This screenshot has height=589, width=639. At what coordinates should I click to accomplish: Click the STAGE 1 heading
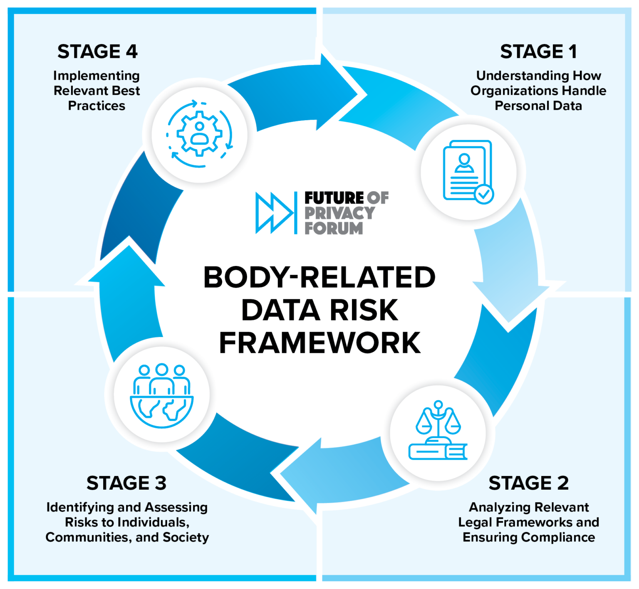coord(538,52)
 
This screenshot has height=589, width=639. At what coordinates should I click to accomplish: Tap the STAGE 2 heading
coord(528,483)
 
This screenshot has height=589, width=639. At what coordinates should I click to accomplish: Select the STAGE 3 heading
coord(126,483)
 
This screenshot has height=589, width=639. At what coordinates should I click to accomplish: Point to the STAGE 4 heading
coord(97,52)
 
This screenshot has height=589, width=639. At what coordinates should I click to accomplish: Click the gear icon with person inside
coord(200,134)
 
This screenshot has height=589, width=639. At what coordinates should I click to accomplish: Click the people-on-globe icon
coord(161,395)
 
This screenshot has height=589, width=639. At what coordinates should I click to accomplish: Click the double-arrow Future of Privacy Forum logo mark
coord(274,213)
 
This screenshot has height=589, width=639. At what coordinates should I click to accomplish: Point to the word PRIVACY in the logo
coord(339,213)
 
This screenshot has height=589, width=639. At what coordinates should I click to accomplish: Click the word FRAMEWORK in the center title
coord(319,343)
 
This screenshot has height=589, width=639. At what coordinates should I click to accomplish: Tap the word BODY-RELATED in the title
coord(319,277)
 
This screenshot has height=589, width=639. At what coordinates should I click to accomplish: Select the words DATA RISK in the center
coord(319,310)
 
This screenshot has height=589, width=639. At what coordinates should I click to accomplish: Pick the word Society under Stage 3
coord(186,537)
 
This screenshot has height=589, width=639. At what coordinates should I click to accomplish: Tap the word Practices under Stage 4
coord(97,106)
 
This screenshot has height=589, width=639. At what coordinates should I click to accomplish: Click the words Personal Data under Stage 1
coord(538,106)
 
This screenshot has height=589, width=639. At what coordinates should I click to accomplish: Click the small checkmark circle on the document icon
coord(484,194)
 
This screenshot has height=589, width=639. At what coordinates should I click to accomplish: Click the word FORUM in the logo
coord(334,228)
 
